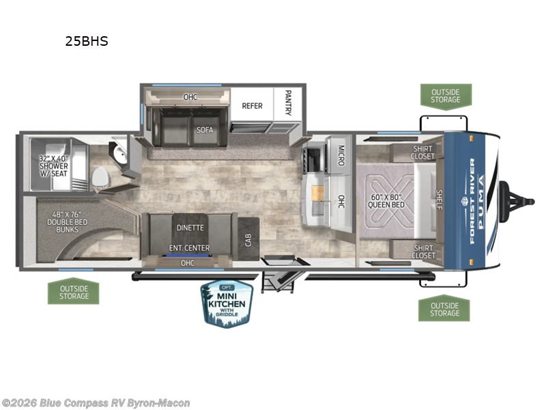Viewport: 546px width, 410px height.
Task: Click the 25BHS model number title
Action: click(x=86, y=41)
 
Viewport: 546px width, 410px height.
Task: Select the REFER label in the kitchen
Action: click(x=252, y=106)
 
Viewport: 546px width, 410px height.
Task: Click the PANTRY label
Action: click(x=288, y=104)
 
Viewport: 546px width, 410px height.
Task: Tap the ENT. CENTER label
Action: click(x=190, y=247)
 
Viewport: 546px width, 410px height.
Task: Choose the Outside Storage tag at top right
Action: click(x=445, y=96)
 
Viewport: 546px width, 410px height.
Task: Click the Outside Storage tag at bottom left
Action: click(x=74, y=292)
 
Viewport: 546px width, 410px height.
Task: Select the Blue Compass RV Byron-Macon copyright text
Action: click(x=96, y=403)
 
